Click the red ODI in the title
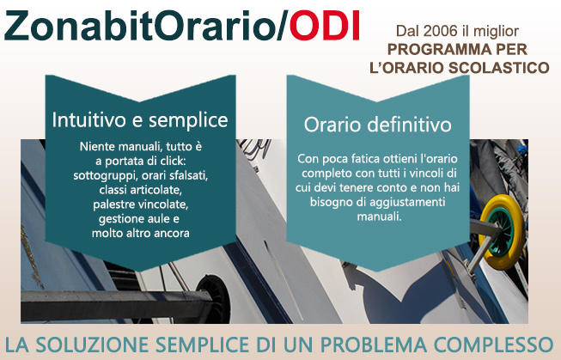(324, 26)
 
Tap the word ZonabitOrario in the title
(140, 26)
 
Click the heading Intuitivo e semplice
(140, 120)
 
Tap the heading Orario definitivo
(377, 125)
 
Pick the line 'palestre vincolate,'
(141, 204)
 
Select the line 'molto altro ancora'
(141, 234)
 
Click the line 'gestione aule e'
(139, 218)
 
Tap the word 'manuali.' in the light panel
(379, 217)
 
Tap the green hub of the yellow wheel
(501, 233)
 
